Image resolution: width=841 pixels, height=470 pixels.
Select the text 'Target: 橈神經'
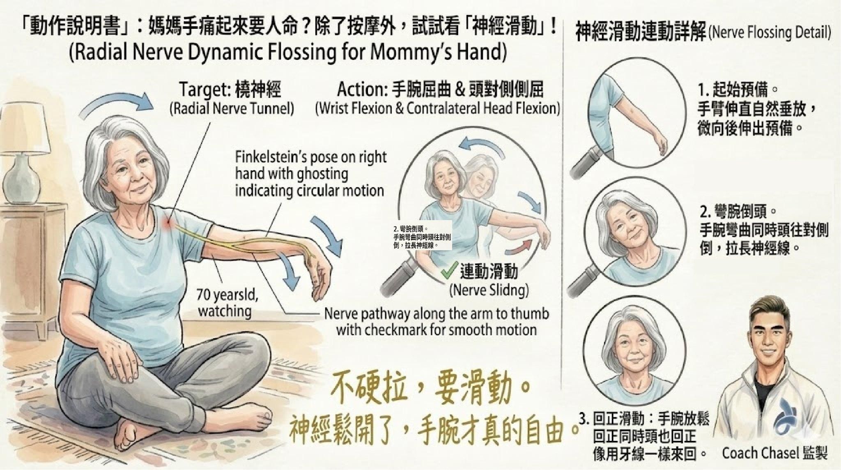click(230, 90)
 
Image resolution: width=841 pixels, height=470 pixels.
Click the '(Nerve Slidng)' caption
click(489, 290)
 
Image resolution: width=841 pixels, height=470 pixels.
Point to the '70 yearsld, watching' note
click(224, 303)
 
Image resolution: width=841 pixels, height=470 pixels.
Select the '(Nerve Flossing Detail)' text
click(770, 33)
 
